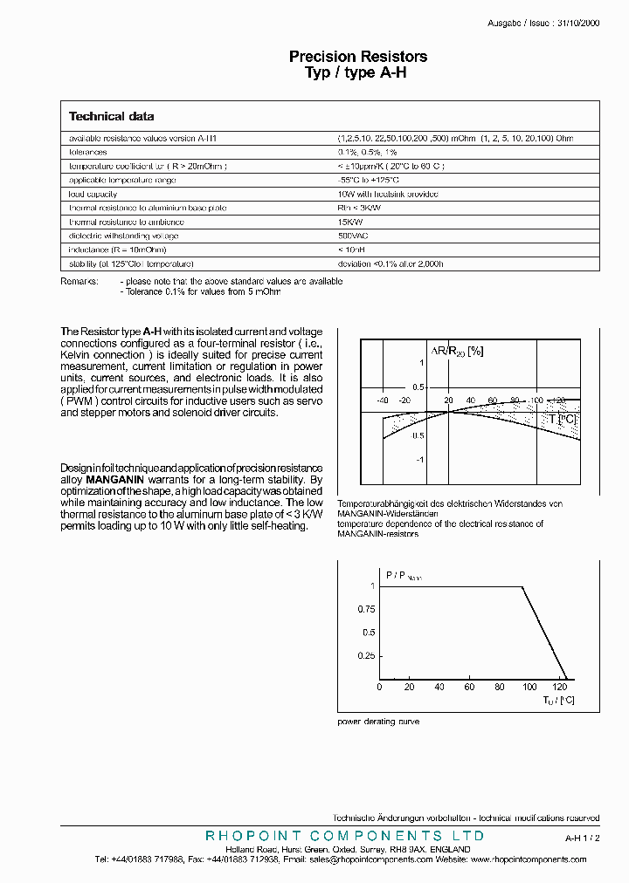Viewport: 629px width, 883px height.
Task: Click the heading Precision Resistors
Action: (x=358, y=57)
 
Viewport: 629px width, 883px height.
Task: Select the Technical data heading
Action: (x=111, y=116)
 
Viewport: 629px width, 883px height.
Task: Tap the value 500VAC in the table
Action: (x=352, y=236)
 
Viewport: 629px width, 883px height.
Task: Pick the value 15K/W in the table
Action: (x=349, y=222)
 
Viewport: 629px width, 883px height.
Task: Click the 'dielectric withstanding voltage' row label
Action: (x=123, y=236)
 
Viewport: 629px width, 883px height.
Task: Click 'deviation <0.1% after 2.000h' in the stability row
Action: (x=391, y=264)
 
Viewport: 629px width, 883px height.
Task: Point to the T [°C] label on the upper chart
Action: (x=563, y=419)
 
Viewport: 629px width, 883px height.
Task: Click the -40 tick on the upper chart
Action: (x=382, y=400)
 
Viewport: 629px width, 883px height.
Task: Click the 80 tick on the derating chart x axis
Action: (x=499, y=688)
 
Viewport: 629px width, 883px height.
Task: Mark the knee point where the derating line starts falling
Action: (x=522, y=587)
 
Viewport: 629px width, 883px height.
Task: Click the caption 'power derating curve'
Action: (x=378, y=722)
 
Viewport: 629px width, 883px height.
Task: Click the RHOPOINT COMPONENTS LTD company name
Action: (x=344, y=836)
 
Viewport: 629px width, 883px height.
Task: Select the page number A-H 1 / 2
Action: (x=582, y=837)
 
